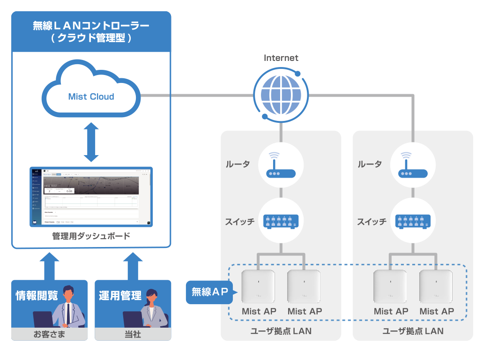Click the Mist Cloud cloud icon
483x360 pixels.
91,91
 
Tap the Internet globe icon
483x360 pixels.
281,94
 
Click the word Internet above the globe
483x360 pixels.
281,58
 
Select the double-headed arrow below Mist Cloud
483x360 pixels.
91,142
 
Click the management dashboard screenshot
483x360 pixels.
91,197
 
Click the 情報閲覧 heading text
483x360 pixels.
37,296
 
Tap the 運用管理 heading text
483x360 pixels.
120,296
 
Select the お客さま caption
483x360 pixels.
49,335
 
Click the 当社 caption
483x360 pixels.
133,335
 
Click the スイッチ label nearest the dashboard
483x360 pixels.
239,222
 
